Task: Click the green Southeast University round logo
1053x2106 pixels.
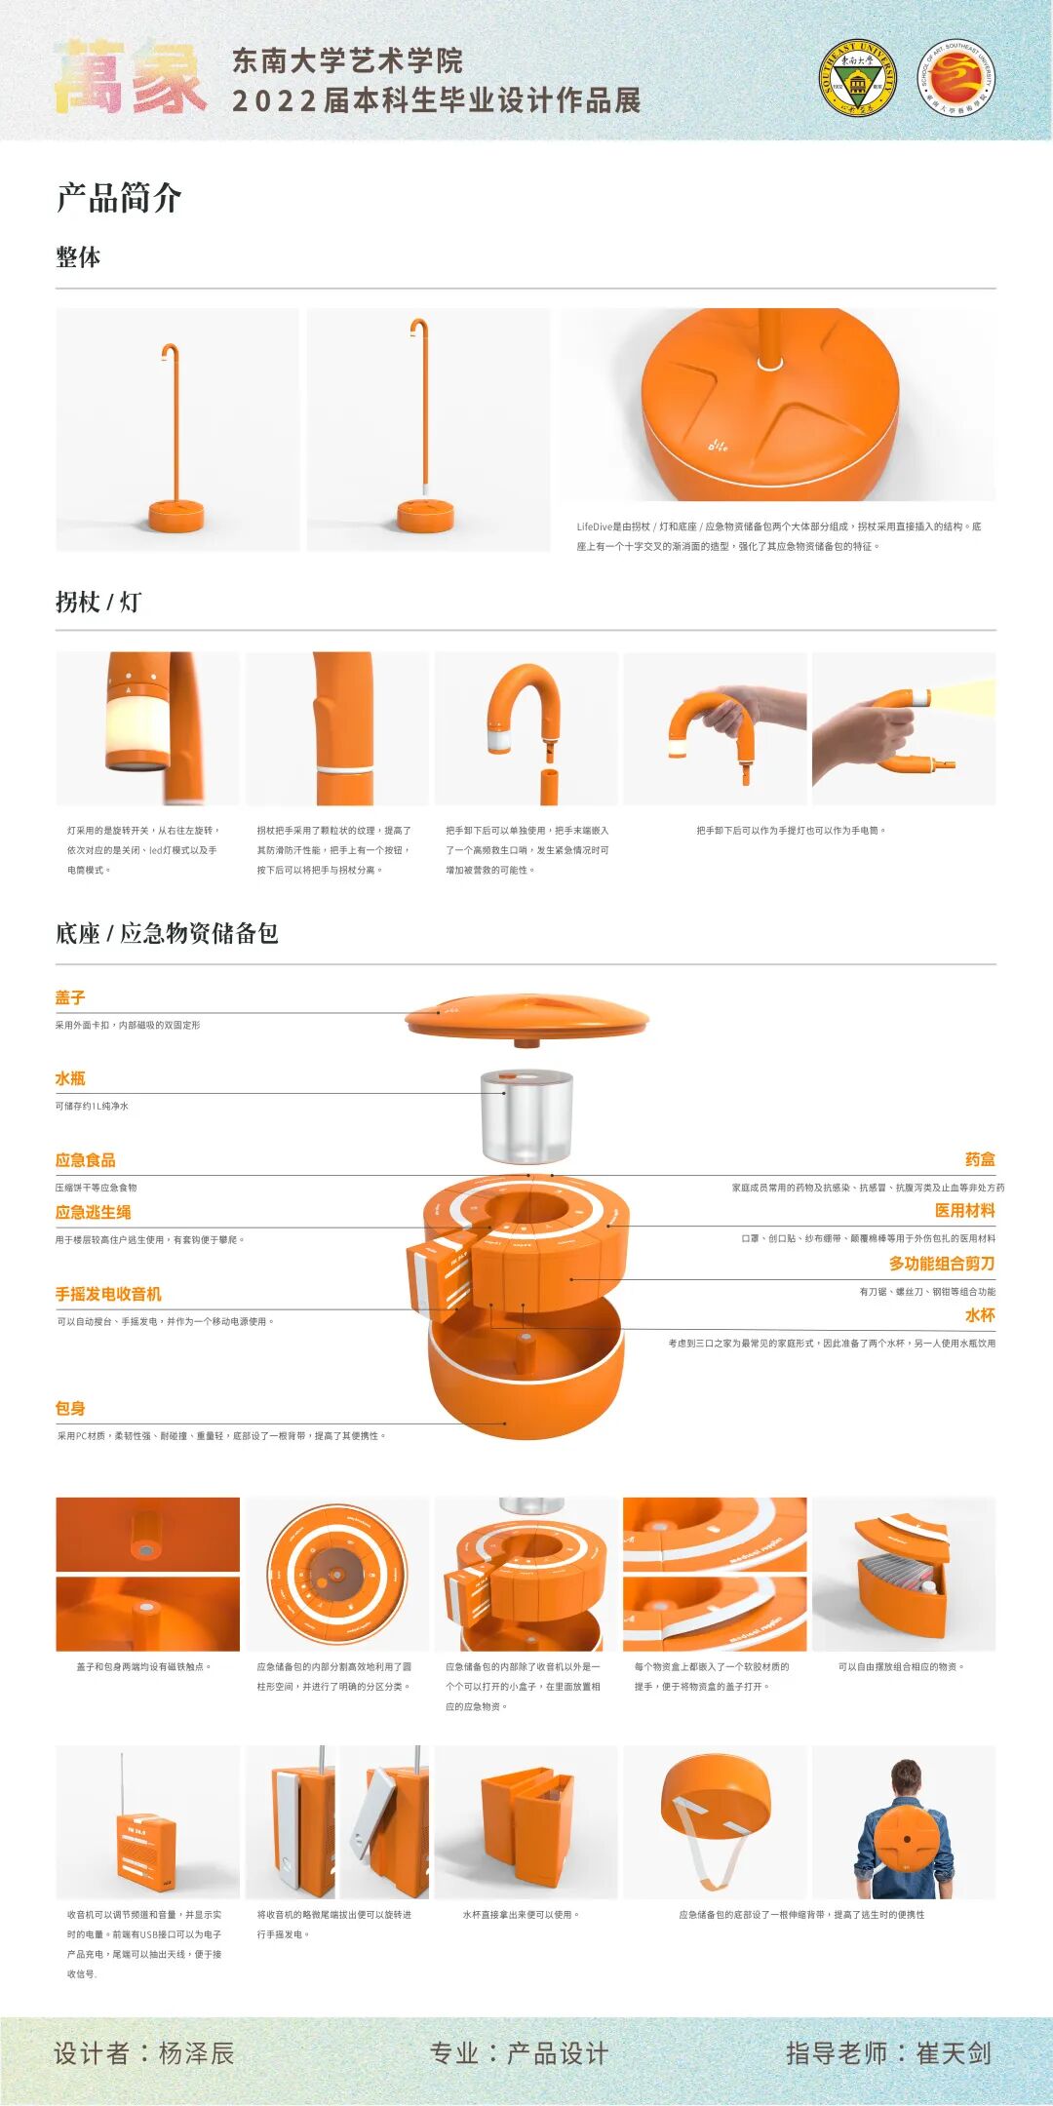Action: tap(857, 79)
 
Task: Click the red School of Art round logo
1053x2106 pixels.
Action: tap(956, 78)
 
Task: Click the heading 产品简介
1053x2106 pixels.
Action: tap(119, 198)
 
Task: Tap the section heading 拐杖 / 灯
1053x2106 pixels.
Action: tap(98, 603)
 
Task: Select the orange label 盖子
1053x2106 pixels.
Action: tap(70, 997)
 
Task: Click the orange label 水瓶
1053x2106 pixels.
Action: tap(70, 1078)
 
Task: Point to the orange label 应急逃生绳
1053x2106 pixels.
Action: tap(94, 1212)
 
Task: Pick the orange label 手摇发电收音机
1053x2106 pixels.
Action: tap(108, 1294)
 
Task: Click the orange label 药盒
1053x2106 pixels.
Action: tap(980, 1159)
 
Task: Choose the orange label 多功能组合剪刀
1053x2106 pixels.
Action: tap(941, 1264)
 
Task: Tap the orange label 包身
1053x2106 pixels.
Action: tap(70, 1408)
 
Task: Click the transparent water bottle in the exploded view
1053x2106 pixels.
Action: tap(526, 1115)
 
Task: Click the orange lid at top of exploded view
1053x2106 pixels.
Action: tap(526, 1017)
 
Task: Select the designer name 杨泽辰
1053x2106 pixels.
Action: tap(196, 2054)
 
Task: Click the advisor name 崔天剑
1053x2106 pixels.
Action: tap(954, 2054)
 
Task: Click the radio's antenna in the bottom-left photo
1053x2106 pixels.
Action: tap(122, 1783)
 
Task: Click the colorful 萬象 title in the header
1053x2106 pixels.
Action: tap(129, 77)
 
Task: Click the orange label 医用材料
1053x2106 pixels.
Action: tap(964, 1210)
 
